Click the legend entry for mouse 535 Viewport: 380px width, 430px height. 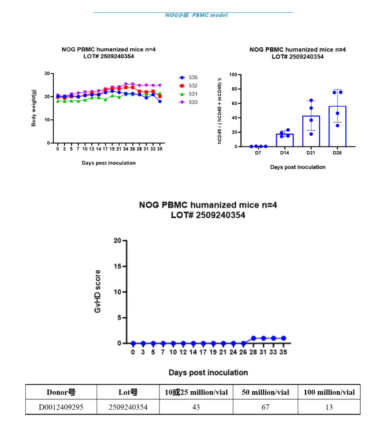pyautogui.click(x=188, y=77)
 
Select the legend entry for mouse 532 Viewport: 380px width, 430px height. pyautogui.click(x=188, y=86)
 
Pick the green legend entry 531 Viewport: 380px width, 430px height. pyautogui.click(x=188, y=94)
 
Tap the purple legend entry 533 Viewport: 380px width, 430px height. pyautogui.click(x=188, y=103)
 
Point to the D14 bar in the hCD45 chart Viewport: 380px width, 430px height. pyautogui.click(x=285, y=140)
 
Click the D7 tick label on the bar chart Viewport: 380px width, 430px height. pyautogui.click(x=258, y=153)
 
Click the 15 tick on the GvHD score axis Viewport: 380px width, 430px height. pyautogui.click(x=117, y=266)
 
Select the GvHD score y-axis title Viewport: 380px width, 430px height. pyautogui.click(x=98, y=291)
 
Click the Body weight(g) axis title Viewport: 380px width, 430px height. pyautogui.click(x=34, y=108)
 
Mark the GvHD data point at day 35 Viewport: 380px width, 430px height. pyautogui.click(x=283, y=338)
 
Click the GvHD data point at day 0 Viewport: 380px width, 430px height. pyautogui.click(x=133, y=343)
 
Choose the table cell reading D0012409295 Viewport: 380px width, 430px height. pyautogui.click(x=61, y=407)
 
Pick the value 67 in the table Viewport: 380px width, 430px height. pyautogui.click(x=265, y=407)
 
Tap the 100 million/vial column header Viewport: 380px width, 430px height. pyautogui.click(x=329, y=392)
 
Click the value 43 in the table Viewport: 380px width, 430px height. pyautogui.click(x=196, y=407)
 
